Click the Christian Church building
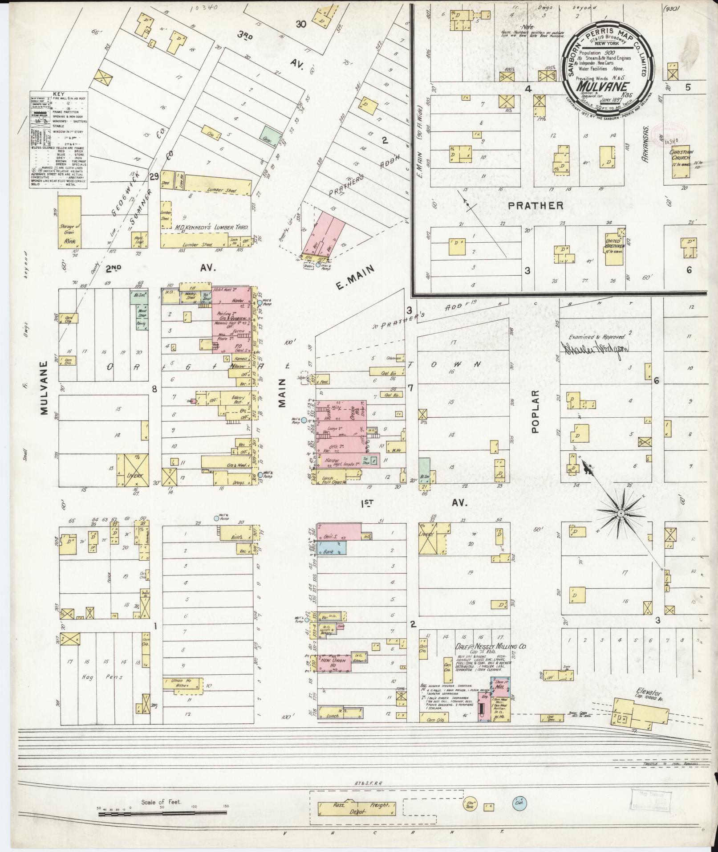(680, 163)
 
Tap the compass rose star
(620, 514)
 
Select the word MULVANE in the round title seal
(603, 86)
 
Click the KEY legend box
(58, 140)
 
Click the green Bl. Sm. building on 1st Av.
(424, 471)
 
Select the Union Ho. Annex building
(183, 684)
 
